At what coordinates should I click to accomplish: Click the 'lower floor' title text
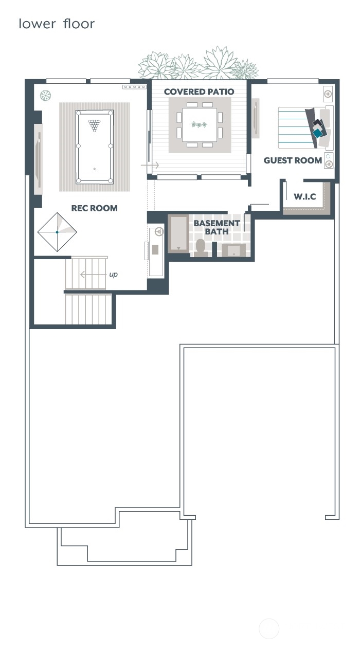(x=57, y=24)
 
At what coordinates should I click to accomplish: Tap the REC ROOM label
(x=94, y=208)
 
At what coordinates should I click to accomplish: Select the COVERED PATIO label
(x=199, y=92)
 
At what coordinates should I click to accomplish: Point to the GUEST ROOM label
(x=293, y=160)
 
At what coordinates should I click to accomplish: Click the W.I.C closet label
(x=304, y=197)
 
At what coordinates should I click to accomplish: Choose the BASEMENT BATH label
(x=217, y=227)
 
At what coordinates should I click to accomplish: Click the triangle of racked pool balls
(x=94, y=124)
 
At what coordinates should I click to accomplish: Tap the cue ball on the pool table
(x=94, y=169)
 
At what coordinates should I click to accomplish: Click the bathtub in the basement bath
(x=179, y=234)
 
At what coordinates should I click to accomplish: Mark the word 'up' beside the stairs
(x=113, y=275)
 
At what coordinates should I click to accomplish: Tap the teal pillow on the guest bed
(x=319, y=133)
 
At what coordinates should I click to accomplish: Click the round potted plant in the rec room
(x=46, y=96)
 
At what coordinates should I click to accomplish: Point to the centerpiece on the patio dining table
(x=199, y=124)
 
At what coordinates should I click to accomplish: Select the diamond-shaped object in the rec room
(x=57, y=232)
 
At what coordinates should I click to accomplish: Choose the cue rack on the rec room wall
(x=134, y=87)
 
